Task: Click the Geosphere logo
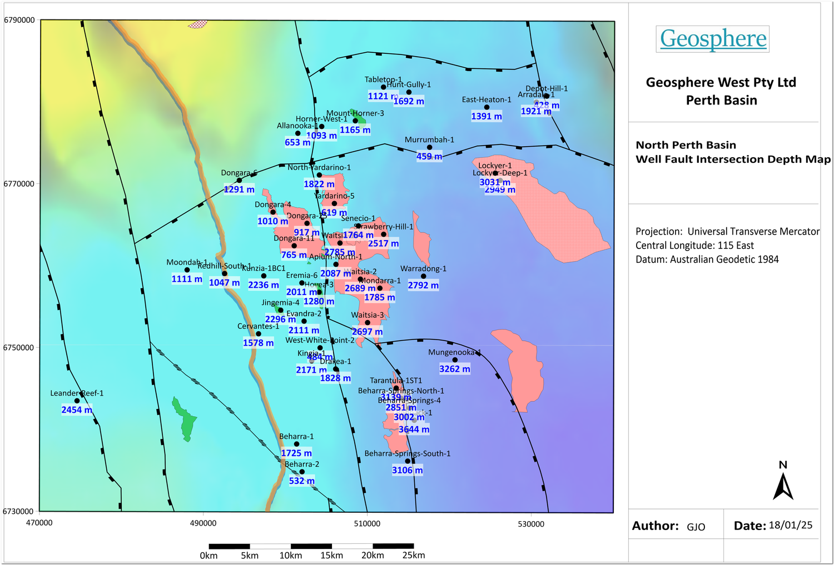[x=713, y=39]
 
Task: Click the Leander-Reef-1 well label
[x=77, y=393]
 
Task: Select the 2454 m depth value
[x=77, y=410]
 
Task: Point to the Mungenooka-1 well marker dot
[x=455, y=360]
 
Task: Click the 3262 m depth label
[x=454, y=369]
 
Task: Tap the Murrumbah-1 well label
[x=429, y=140]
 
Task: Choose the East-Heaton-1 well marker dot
[x=487, y=107]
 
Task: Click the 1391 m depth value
[x=487, y=117]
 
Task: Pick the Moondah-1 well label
[x=187, y=262]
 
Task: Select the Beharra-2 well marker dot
[x=302, y=472]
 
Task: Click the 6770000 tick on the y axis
[x=19, y=184]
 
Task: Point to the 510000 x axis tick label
[x=367, y=523]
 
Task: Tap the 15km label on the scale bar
[x=331, y=556]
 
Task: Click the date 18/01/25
[x=790, y=526]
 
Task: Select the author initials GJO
[x=696, y=527]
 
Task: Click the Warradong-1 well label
[x=423, y=269]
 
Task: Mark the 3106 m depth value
[x=407, y=471]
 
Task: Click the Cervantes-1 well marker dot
[x=259, y=334]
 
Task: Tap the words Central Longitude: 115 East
[x=694, y=246]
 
